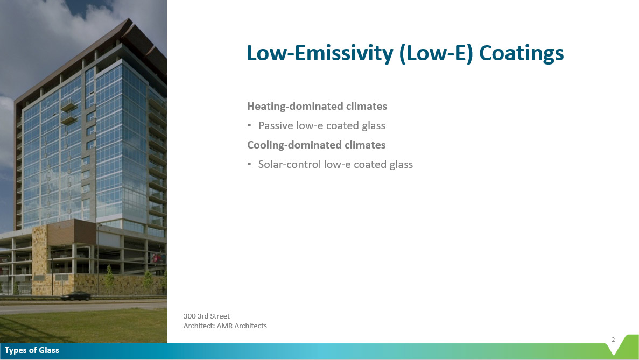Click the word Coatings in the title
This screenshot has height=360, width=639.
[x=521, y=53]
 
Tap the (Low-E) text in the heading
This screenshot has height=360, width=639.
[x=436, y=53]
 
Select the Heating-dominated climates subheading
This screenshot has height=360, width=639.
[x=317, y=107]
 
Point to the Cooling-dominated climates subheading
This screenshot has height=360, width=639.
[x=316, y=145]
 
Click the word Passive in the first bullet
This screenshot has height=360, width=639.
[x=276, y=125]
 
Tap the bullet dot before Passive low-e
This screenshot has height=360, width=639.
[x=249, y=125]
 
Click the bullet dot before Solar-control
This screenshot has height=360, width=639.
[x=249, y=164]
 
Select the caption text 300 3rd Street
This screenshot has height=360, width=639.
[x=207, y=316]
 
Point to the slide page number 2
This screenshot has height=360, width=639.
[x=613, y=340]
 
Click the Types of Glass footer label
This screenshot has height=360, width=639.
[x=32, y=350]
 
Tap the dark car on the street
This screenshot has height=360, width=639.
[x=75, y=296]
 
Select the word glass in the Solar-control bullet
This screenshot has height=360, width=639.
[x=401, y=165]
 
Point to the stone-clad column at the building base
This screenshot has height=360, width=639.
[x=39, y=260]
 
